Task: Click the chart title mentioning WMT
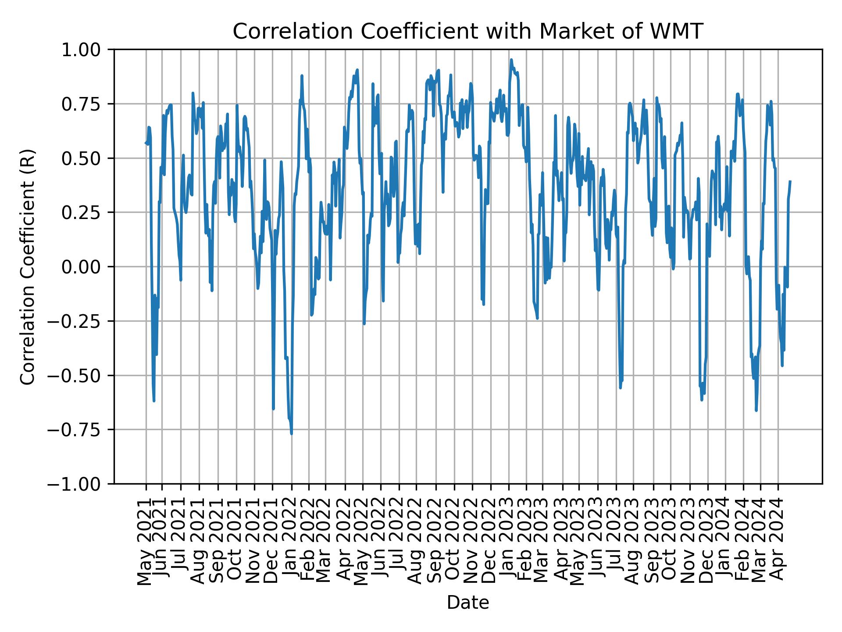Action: pyautogui.click(x=468, y=32)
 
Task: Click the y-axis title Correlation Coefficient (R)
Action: pyautogui.click(x=28, y=266)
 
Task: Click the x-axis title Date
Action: pyautogui.click(x=468, y=603)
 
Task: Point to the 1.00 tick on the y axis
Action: pyautogui.click(x=86, y=50)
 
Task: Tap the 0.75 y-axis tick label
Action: pyautogui.click(x=86, y=104)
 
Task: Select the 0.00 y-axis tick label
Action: pyautogui.click(x=86, y=267)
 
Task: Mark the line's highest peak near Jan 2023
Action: pyautogui.click(x=511, y=60)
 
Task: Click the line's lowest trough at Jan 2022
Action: pyautogui.click(x=292, y=434)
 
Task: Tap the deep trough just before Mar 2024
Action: pyautogui.click(x=756, y=410)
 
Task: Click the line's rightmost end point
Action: pyautogui.click(x=790, y=181)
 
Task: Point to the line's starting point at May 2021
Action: pyautogui.click(x=146, y=142)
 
